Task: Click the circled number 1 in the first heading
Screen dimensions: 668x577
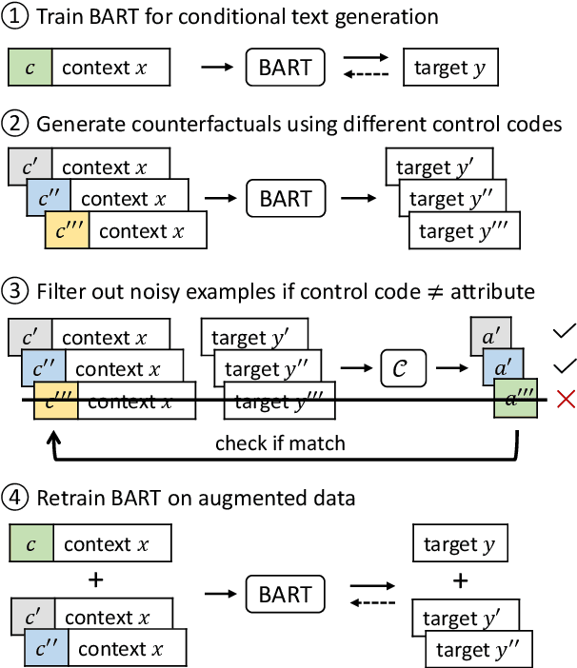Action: (18, 16)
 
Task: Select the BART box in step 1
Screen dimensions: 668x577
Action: (285, 68)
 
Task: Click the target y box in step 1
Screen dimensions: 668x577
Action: (449, 68)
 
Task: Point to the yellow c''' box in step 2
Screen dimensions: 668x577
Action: (68, 230)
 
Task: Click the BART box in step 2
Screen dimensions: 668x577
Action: (285, 199)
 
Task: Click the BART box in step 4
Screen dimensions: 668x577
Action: (285, 595)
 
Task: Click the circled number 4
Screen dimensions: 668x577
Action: (18, 498)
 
